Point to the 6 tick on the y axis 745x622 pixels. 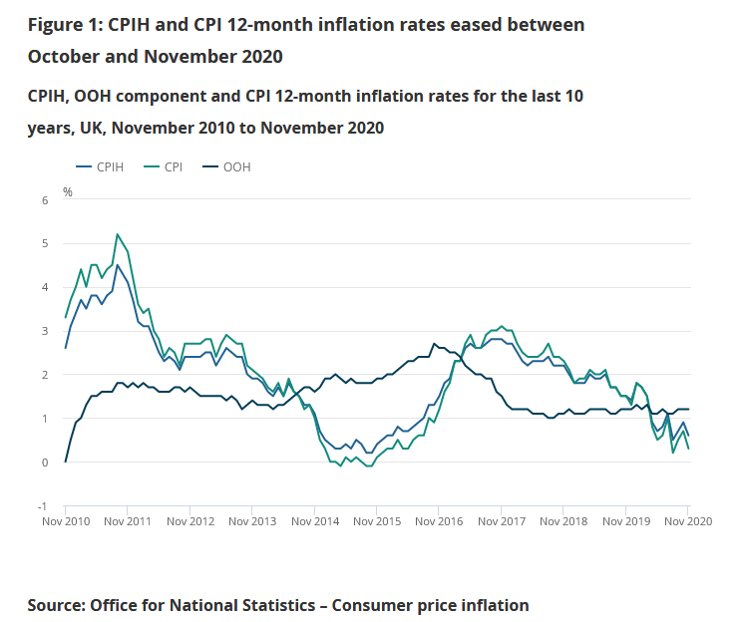pos(44,200)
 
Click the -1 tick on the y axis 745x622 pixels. pos(42,506)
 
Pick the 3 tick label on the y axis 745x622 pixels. pos(44,331)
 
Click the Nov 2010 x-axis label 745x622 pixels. pos(65,521)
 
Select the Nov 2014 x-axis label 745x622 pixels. pos(314,521)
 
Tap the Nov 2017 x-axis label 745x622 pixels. pos(501,521)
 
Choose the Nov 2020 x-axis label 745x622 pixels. pos(688,521)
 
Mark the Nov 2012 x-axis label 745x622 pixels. pos(189,521)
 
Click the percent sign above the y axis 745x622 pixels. pos(68,190)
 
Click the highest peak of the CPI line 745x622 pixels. pos(118,234)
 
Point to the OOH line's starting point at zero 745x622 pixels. pos(66,462)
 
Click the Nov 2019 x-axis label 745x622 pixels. pos(625,521)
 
